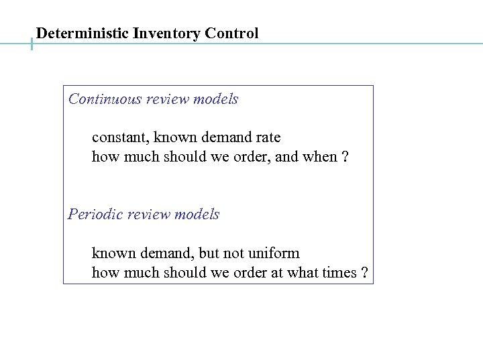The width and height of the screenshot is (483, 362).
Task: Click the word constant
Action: point(120,137)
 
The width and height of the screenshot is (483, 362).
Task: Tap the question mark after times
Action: point(364,273)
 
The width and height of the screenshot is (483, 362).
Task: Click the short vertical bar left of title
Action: point(32,44)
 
